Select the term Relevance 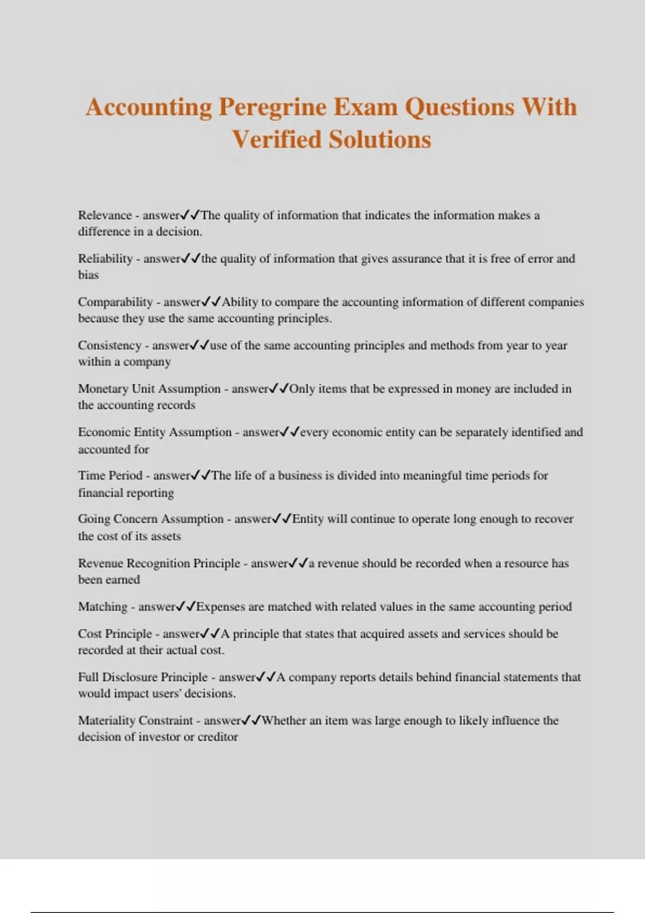105,215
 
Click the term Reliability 105,259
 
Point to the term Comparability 116,302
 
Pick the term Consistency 110,345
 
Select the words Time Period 110,476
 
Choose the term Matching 103,607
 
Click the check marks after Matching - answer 186,607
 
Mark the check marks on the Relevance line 190,215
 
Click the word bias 88,275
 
